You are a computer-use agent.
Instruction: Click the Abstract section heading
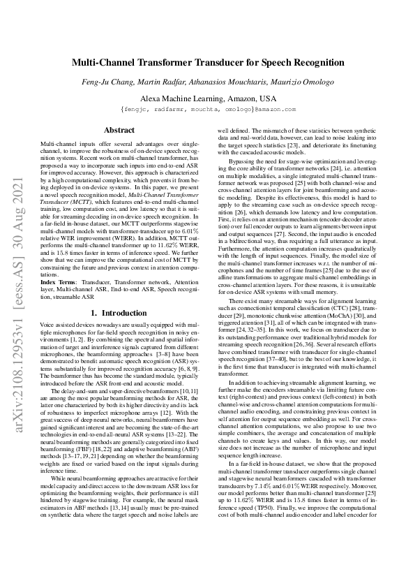[119, 131]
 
